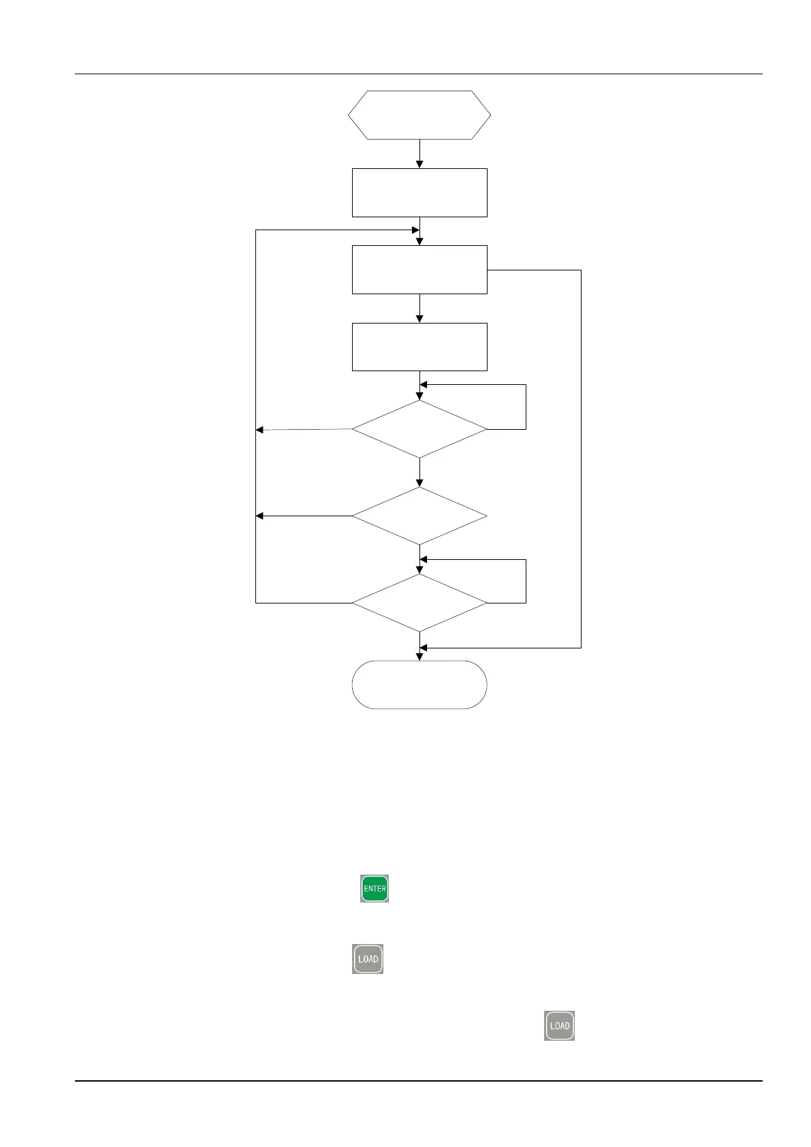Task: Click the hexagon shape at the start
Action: (419, 115)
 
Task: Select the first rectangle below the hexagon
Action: (419, 193)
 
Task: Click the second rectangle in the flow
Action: (419, 270)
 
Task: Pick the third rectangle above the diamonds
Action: (419, 347)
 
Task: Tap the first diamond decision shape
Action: (419, 429)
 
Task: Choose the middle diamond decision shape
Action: (419, 516)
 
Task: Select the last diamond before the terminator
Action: (419, 603)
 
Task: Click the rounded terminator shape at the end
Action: (419, 685)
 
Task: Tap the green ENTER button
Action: (375, 889)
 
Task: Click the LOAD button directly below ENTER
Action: (368, 959)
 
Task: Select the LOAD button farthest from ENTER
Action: (559, 1026)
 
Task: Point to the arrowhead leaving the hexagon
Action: (419, 164)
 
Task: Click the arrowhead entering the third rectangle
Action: (419, 319)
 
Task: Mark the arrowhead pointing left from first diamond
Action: (259, 430)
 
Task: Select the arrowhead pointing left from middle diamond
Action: (259, 516)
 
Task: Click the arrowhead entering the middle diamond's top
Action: (419, 483)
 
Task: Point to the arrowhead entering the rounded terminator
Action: (419, 657)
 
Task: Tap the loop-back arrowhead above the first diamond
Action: (424, 385)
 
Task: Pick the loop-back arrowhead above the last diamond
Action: (424, 560)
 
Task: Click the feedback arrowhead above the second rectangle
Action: (415, 230)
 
